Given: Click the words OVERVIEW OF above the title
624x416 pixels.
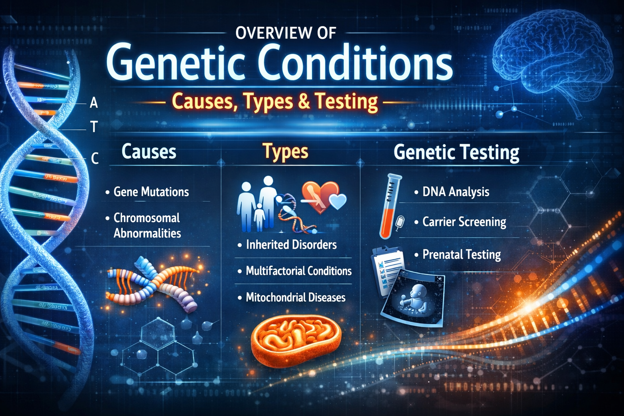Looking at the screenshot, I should pos(286,33).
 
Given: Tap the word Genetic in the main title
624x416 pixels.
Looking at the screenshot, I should pos(175,63).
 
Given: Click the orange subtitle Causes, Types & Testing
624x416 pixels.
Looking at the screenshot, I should pos(275,101).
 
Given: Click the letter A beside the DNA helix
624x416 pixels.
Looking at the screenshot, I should pos(94,103).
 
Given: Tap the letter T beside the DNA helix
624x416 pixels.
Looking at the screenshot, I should pos(94,127).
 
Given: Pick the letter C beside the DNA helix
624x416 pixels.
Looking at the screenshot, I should pos(94,158).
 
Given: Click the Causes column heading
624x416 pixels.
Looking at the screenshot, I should pos(149,152).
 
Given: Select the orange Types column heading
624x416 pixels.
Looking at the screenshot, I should pos(285,152).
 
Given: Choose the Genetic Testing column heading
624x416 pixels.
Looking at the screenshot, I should pos(456,153).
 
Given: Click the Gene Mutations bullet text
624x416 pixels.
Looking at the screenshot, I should pos(151,192).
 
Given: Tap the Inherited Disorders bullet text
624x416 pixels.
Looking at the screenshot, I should pos(291,245).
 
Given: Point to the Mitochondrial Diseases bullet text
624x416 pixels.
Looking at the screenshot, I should pos(295,297).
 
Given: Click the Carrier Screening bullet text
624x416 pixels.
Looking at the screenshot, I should pos(464,222).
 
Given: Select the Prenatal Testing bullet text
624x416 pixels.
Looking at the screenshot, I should pos(461,255).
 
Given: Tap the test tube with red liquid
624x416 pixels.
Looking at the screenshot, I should pos(389,206).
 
